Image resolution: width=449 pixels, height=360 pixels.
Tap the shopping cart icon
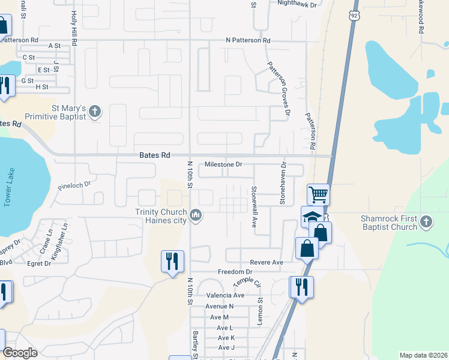click(x=318, y=194)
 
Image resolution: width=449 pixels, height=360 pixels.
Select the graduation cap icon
click(x=312, y=217)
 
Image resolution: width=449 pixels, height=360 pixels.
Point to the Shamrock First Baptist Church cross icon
click(x=426, y=222)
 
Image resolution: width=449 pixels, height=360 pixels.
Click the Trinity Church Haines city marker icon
click(x=196, y=215)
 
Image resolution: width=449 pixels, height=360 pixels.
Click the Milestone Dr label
click(x=223, y=164)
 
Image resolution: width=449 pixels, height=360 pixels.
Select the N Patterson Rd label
click(x=248, y=40)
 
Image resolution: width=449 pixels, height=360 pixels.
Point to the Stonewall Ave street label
click(x=254, y=206)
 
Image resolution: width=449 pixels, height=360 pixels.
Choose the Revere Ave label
click(x=266, y=263)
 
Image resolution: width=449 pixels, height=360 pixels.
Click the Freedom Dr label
click(x=234, y=272)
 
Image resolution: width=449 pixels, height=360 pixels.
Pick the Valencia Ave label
click(x=225, y=295)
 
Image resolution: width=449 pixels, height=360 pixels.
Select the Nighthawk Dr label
click(x=297, y=3)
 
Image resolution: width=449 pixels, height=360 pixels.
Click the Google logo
click(x=20, y=353)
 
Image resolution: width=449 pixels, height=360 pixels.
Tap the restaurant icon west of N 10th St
click(x=172, y=261)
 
